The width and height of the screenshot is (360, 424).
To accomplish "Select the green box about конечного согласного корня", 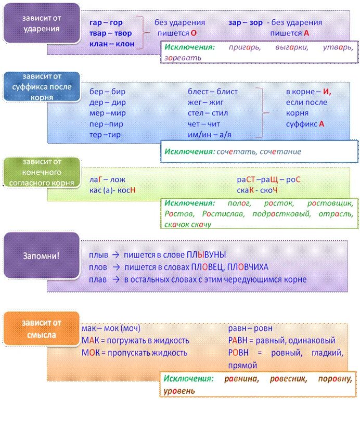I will (41, 172).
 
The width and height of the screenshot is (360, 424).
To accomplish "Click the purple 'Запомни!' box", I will (41, 255).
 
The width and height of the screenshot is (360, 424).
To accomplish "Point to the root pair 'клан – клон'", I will (112, 44).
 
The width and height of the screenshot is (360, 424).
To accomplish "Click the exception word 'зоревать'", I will (183, 58).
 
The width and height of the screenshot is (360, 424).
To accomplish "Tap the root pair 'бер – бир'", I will (107, 92).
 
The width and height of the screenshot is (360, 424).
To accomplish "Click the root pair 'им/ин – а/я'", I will (213, 135).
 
